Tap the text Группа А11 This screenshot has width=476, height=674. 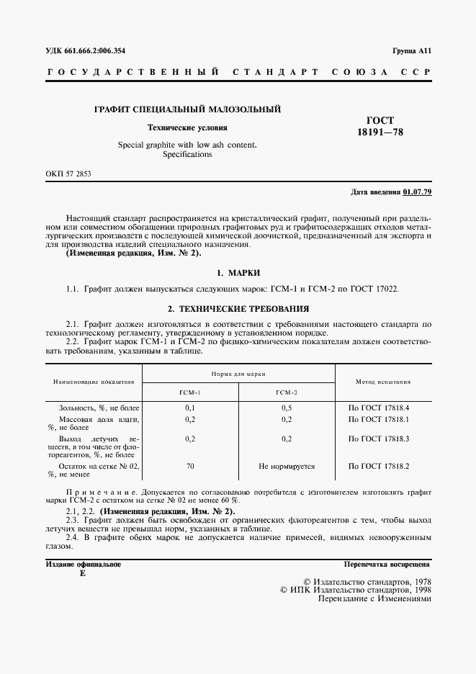pos(411,50)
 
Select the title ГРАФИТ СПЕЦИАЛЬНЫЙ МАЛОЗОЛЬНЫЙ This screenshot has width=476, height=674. pos(188,109)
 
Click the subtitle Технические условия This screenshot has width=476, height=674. pos(187,127)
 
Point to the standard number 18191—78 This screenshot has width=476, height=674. pos(380,133)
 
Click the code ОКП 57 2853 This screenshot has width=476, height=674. pos(68,174)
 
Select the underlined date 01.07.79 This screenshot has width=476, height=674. pos(417,193)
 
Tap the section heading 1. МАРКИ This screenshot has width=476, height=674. pos(238,273)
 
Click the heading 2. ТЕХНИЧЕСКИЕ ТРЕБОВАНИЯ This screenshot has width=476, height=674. pos(238,308)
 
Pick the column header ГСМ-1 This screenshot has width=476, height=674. pos(190,392)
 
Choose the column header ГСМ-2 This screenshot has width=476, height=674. pos(286,392)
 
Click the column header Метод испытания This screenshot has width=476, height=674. pos(383,382)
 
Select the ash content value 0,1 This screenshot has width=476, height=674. pos(190,408)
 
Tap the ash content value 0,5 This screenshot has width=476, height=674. pos(286,408)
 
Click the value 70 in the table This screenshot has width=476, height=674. pos(190,467)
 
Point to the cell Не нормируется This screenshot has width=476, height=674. pos(286,467)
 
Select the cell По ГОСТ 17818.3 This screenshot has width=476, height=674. pos(379,438)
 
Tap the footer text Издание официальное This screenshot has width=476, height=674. pos(83,565)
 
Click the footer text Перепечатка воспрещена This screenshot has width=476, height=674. pos(387,565)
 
